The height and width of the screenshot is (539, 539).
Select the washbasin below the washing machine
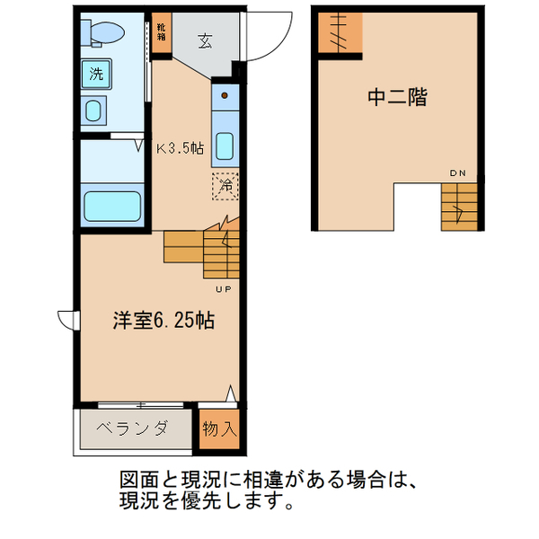[x=94, y=111]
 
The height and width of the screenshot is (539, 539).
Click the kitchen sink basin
[x=225, y=147]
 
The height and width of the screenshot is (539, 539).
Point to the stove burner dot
[x=225, y=93]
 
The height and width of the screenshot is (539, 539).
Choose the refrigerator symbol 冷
[x=225, y=187]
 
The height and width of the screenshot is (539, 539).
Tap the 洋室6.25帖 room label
[x=163, y=320]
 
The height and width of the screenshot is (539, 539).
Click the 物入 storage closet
[x=219, y=429]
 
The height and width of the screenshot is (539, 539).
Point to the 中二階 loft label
[x=396, y=97]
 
